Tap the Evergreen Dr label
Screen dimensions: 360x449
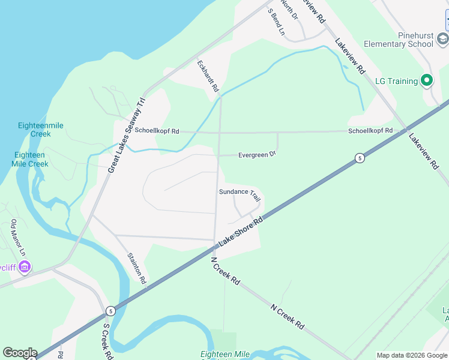257,154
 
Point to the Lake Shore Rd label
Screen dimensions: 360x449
241,230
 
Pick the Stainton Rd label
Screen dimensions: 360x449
136,268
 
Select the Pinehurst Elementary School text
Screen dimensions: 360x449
399,40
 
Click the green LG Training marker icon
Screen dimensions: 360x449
427,80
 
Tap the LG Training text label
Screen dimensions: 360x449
396,81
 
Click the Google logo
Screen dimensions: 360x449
20,352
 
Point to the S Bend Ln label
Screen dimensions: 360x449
276,22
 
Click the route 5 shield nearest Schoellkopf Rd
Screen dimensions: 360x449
359,158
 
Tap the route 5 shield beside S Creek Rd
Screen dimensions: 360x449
110,311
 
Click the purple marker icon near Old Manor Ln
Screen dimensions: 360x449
25,266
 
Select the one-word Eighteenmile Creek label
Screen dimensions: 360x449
41,130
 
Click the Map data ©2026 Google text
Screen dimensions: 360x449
412,355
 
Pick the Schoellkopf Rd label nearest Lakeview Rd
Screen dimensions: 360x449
370,130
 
